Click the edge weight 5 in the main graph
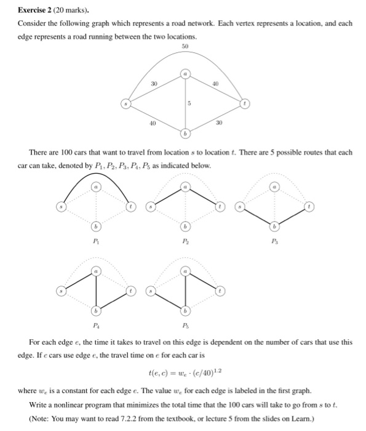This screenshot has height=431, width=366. (x=189, y=103)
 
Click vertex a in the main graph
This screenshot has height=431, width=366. (x=185, y=74)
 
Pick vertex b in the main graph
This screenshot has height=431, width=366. (x=185, y=133)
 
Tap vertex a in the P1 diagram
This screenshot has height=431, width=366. (x=94, y=184)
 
